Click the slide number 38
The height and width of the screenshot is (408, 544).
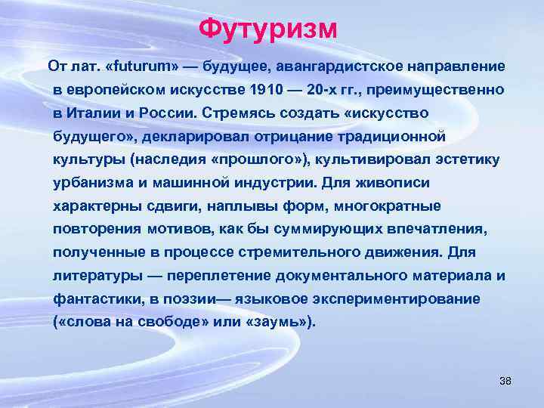505,380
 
